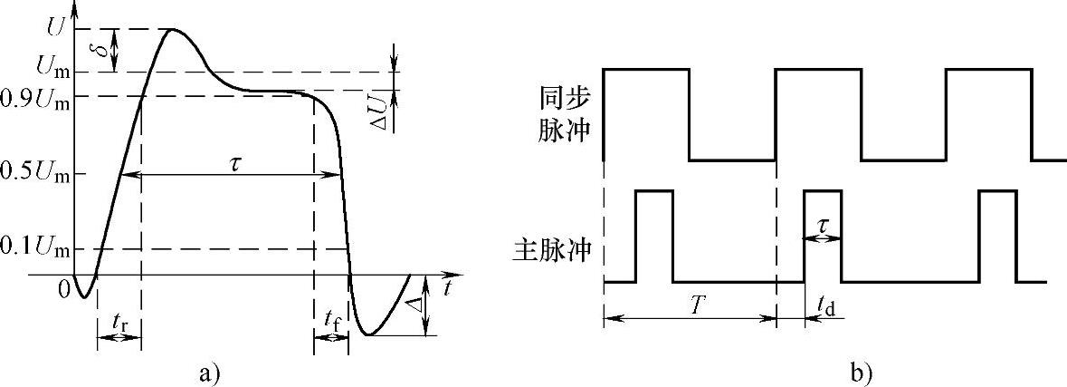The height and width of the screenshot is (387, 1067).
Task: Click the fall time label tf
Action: pos(331,318)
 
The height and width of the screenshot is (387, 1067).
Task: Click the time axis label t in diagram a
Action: pos(447,288)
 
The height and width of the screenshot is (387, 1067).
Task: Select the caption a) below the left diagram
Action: pos(209,372)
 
